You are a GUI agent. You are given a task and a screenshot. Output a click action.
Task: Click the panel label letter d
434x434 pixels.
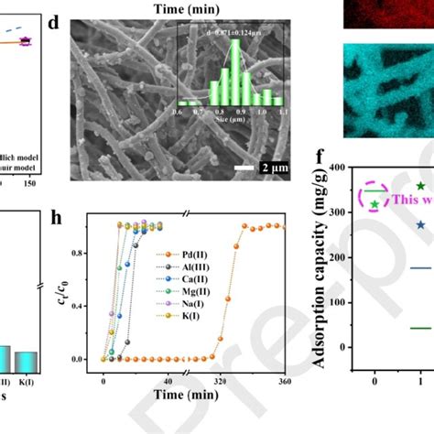pos(53,21)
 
